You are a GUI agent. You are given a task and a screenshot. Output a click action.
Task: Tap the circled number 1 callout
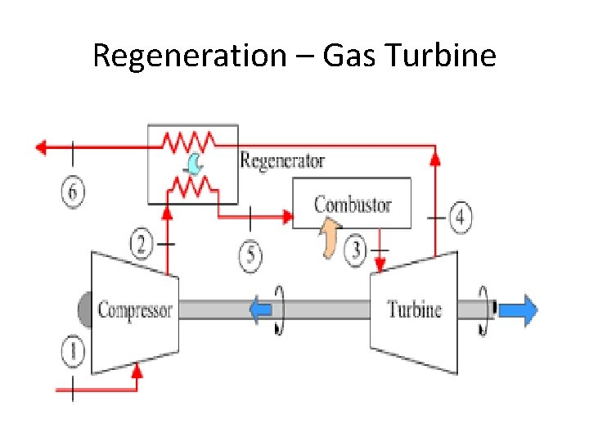coord(73,353)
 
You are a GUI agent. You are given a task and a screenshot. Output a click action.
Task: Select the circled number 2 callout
coord(142,243)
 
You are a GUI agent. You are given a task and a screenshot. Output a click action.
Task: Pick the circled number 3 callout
coord(356,250)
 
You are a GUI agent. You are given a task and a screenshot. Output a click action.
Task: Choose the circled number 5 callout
coord(251,257)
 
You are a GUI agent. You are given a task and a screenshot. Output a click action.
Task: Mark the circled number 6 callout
coord(73,193)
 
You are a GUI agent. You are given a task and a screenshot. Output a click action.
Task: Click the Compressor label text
coord(135,310)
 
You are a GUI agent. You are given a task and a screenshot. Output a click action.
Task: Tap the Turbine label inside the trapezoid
coord(414,310)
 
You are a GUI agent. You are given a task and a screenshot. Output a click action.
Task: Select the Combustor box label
coord(353,204)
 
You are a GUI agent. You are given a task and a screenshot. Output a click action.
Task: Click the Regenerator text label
coord(282,160)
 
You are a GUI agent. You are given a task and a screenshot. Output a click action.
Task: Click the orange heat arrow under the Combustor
coord(329,241)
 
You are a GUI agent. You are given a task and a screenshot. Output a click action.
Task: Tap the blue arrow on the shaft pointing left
coord(261,310)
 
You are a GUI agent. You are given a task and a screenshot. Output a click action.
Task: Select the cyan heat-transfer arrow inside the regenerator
coord(194,165)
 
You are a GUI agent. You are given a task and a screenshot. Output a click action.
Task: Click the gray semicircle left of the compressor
coord(84,310)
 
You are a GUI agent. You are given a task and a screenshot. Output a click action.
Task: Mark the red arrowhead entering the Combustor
coord(287,217)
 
